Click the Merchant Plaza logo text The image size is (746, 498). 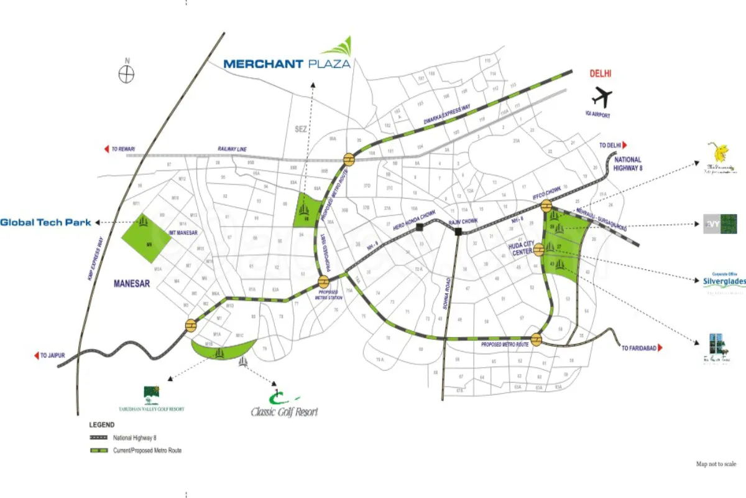pos(287,63)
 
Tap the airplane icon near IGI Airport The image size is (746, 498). pos(602,97)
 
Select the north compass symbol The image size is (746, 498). pos(127,73)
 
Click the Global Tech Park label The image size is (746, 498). pos(46,222)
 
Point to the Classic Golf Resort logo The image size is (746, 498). pos(284,406)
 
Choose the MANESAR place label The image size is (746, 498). pos(132,283)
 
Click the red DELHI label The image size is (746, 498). pos(601,73)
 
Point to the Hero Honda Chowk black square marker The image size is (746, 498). pos(420,228)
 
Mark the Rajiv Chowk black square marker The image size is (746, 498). pos(458,232)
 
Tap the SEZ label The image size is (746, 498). pos(302,129)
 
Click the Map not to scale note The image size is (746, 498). pos(716,464)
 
